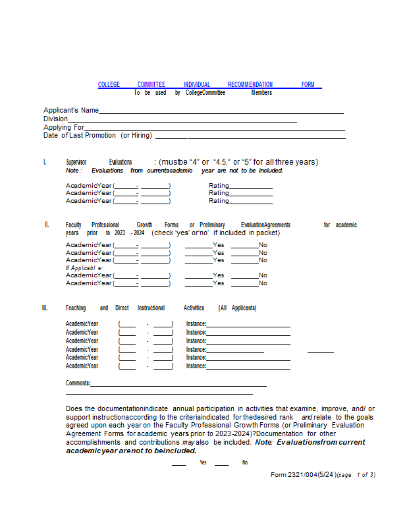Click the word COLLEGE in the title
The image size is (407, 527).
(x=109, y=85)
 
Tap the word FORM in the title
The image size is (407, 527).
(x=308, y=85)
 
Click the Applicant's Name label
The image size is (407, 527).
(x=71, y=110)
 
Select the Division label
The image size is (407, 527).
(x=55, y=119)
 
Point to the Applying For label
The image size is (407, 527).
(x=64, y=127)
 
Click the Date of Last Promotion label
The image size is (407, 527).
(x=97, y=135)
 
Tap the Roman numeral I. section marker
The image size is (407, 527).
(x=45, y=162)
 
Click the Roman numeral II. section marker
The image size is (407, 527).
(x=47, y=225)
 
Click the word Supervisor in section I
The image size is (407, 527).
(x=76, y=162)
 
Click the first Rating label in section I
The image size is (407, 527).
(x=219, y=186)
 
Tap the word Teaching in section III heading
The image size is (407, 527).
(x=76, y=308)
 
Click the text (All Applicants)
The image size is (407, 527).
(x=238, y=308)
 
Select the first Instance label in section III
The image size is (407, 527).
(x=196, y=323)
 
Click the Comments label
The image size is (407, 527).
(x=78, y=383)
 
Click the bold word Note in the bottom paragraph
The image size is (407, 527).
(x=263, y=442)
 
